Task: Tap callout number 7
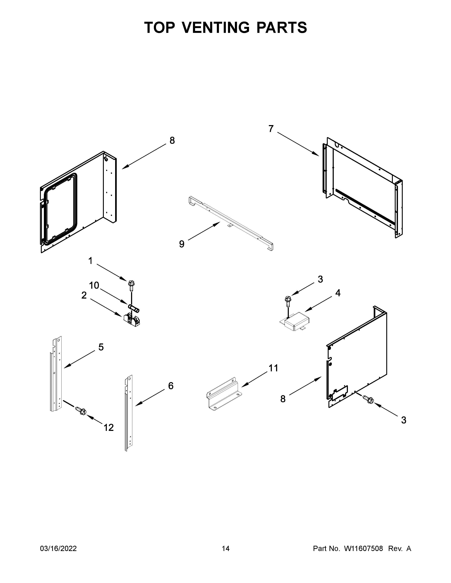271,129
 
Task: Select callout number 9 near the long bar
182,244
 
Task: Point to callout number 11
273,368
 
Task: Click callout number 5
101,347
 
